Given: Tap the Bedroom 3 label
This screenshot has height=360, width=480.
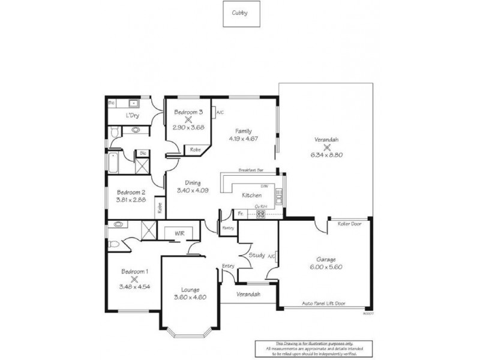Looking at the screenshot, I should (x=188, y=112).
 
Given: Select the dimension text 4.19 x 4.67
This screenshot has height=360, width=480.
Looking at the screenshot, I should (x=243, y=139).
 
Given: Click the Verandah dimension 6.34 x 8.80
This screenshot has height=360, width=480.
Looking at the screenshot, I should (x=326, y=155).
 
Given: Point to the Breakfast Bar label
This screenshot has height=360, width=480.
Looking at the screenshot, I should (x=251, y=170).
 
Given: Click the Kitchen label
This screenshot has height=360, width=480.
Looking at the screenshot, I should (x=251, y=196).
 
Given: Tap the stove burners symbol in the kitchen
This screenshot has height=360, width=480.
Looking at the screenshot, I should (x=261, y=213).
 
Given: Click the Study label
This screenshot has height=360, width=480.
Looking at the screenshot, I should (x=257, y=256).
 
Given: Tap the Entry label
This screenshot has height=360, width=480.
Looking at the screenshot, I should (x=228, y=266).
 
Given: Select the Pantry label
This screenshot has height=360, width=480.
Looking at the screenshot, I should (x=227, y=228).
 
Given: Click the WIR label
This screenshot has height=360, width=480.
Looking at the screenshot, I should (x=179, y=232).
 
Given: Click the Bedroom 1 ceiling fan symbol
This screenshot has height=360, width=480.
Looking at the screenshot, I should (x=134, y=279).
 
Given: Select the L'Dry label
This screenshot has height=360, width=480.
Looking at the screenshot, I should (x=133, y=115).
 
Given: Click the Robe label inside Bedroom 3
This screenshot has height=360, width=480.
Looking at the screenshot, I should (x=195, y=149).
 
